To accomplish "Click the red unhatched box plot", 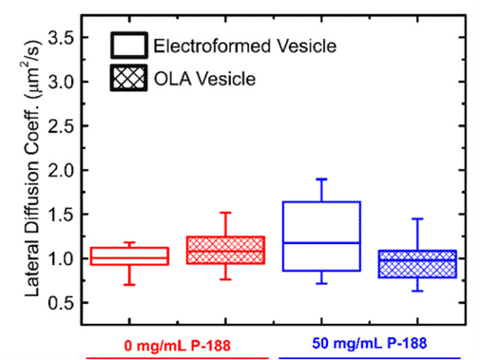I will coord(142,256).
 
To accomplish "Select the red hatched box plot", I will coord(225,250).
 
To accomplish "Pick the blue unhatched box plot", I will coord(321,237).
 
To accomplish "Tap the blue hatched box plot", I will coord(404,264).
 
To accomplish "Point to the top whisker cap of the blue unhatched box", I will coord(321,180).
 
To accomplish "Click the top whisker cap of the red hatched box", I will coord(225,213).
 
